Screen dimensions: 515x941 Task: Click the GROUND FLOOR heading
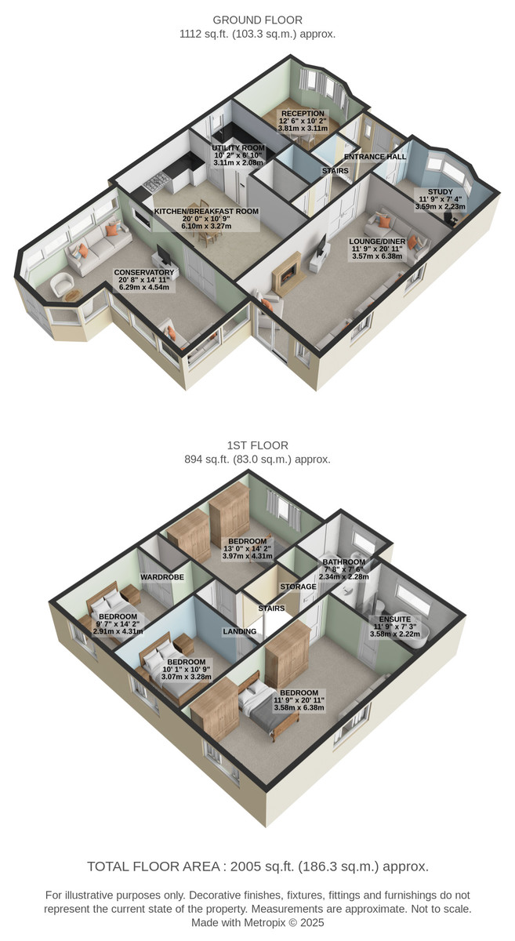coord(257,20)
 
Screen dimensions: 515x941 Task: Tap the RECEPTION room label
coord(303,114)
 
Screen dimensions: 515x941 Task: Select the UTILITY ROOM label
coord(238,148)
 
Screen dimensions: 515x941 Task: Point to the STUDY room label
coord(441,192)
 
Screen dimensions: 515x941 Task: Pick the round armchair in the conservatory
coord(62,285)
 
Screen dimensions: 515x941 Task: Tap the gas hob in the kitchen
coord(156,181)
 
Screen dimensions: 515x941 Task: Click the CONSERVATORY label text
coord(144,273)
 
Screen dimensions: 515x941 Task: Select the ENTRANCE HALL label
coord(375,157)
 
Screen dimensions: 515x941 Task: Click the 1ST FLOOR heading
coord(257,445)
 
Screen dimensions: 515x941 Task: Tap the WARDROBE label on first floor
coord(162,577)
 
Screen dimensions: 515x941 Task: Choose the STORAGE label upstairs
coord(298,587)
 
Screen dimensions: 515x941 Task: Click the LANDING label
coord(239,631)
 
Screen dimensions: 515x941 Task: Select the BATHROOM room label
coord(343,562)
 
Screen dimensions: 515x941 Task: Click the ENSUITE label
coord(394,619)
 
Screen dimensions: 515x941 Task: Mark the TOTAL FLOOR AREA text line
coord(257,867)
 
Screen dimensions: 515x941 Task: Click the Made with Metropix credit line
coord(257,922)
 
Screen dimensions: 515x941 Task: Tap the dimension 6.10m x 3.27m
coord(206,226)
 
